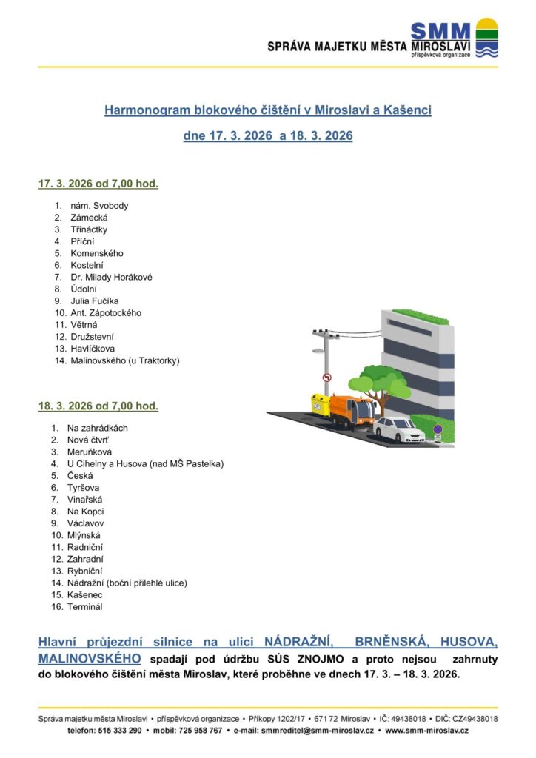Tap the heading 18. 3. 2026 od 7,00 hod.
pos(98,406)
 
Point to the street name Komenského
pos(97,253)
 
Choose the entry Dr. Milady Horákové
pos(111,277)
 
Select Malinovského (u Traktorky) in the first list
pos(125,360)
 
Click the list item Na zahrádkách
pos(97,428)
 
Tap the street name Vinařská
pos(84,500)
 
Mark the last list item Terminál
pos(84,607)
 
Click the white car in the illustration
pos(399,429)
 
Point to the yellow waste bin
pos(320,405)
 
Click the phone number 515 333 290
pos(119,731)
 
